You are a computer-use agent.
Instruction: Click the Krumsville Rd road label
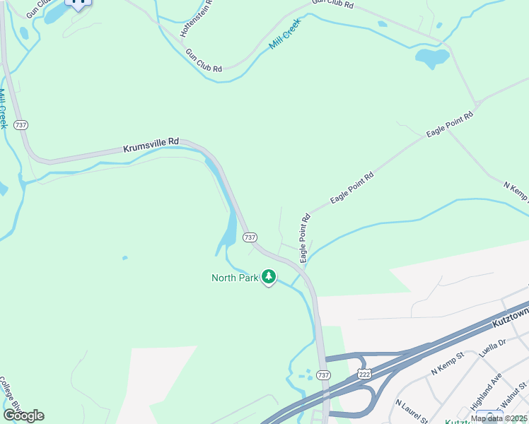[x=151, y=145]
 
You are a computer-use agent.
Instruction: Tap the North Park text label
[x=235, y=278]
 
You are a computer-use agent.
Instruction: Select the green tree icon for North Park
[x=268, y=277]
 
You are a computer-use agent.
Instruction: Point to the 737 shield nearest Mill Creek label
[x=21, y=124]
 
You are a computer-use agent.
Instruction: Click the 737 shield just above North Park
[x=250, y=237]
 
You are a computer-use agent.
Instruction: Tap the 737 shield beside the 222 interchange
[x=323, y=375]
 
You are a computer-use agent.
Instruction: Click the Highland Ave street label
[x=486, y=391]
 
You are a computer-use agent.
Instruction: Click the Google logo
[x=23, y=415]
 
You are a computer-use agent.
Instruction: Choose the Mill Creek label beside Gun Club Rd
[x=285, y=33]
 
